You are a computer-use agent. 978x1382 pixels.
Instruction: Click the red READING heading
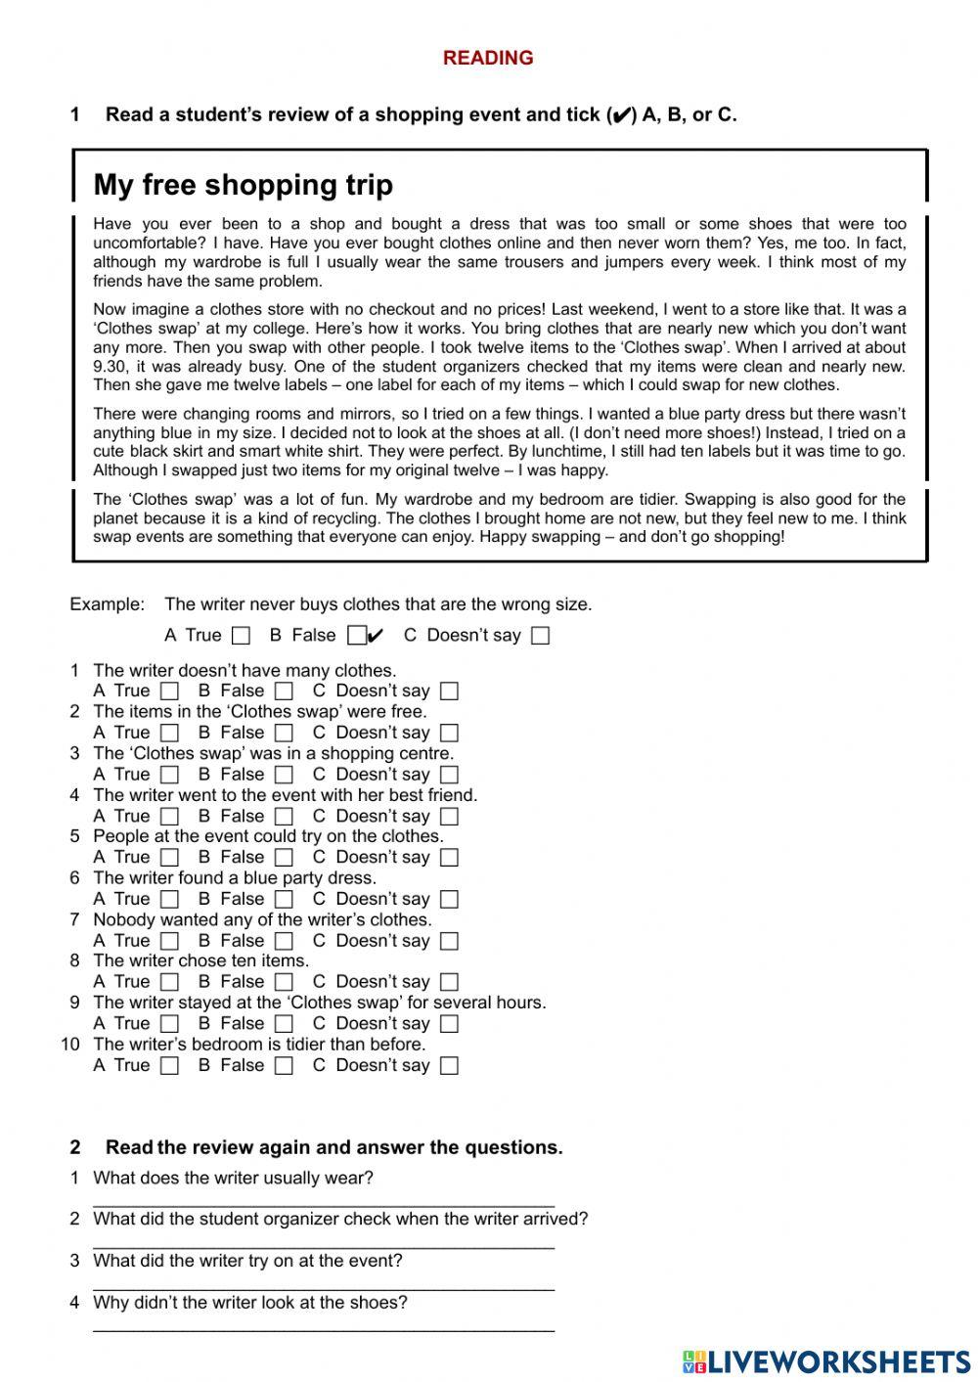tap(488, 58)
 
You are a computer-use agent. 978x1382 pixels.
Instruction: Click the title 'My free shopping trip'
tap(243, 185)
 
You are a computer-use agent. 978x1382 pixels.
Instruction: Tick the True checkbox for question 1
tap(170, 691)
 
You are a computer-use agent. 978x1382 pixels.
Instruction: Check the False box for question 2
tap(284, 733)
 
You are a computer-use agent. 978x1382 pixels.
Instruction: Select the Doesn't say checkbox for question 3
tap(449, 775)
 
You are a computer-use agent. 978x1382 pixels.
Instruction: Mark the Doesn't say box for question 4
tap(449, 817)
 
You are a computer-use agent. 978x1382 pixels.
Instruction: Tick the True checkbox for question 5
tap(170, 858)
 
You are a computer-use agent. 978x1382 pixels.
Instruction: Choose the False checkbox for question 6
tap(284, 900)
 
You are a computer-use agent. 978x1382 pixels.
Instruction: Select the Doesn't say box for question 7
tap(449, 941)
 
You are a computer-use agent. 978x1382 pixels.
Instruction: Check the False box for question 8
tap(284, 982)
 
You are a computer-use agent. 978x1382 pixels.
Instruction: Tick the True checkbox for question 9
tap(170, 1024)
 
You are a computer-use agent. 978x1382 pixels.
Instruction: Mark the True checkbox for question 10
tap(170, 1066)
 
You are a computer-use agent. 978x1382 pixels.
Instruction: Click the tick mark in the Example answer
tap(376, 636)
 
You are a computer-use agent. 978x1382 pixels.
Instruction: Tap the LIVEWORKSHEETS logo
tap(826, 1360)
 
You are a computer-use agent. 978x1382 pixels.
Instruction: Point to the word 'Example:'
tap(107, 604)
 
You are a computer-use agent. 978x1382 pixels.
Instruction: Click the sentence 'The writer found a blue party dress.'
tap(234, 878)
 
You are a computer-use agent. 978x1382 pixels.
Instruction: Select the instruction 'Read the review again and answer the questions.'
tap(333, 1147)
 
